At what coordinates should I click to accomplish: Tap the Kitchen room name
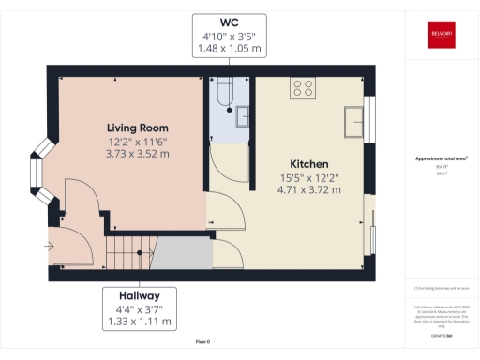click(308, 162)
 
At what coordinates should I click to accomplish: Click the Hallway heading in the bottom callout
click(139, 296)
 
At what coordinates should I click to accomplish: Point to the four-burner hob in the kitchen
click(303, 89)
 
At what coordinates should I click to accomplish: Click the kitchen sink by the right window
click(355, 121)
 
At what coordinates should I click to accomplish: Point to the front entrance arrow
click(49, 247)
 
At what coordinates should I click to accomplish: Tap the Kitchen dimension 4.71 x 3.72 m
click(308, 189)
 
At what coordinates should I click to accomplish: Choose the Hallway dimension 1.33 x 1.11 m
click(139, 322)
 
